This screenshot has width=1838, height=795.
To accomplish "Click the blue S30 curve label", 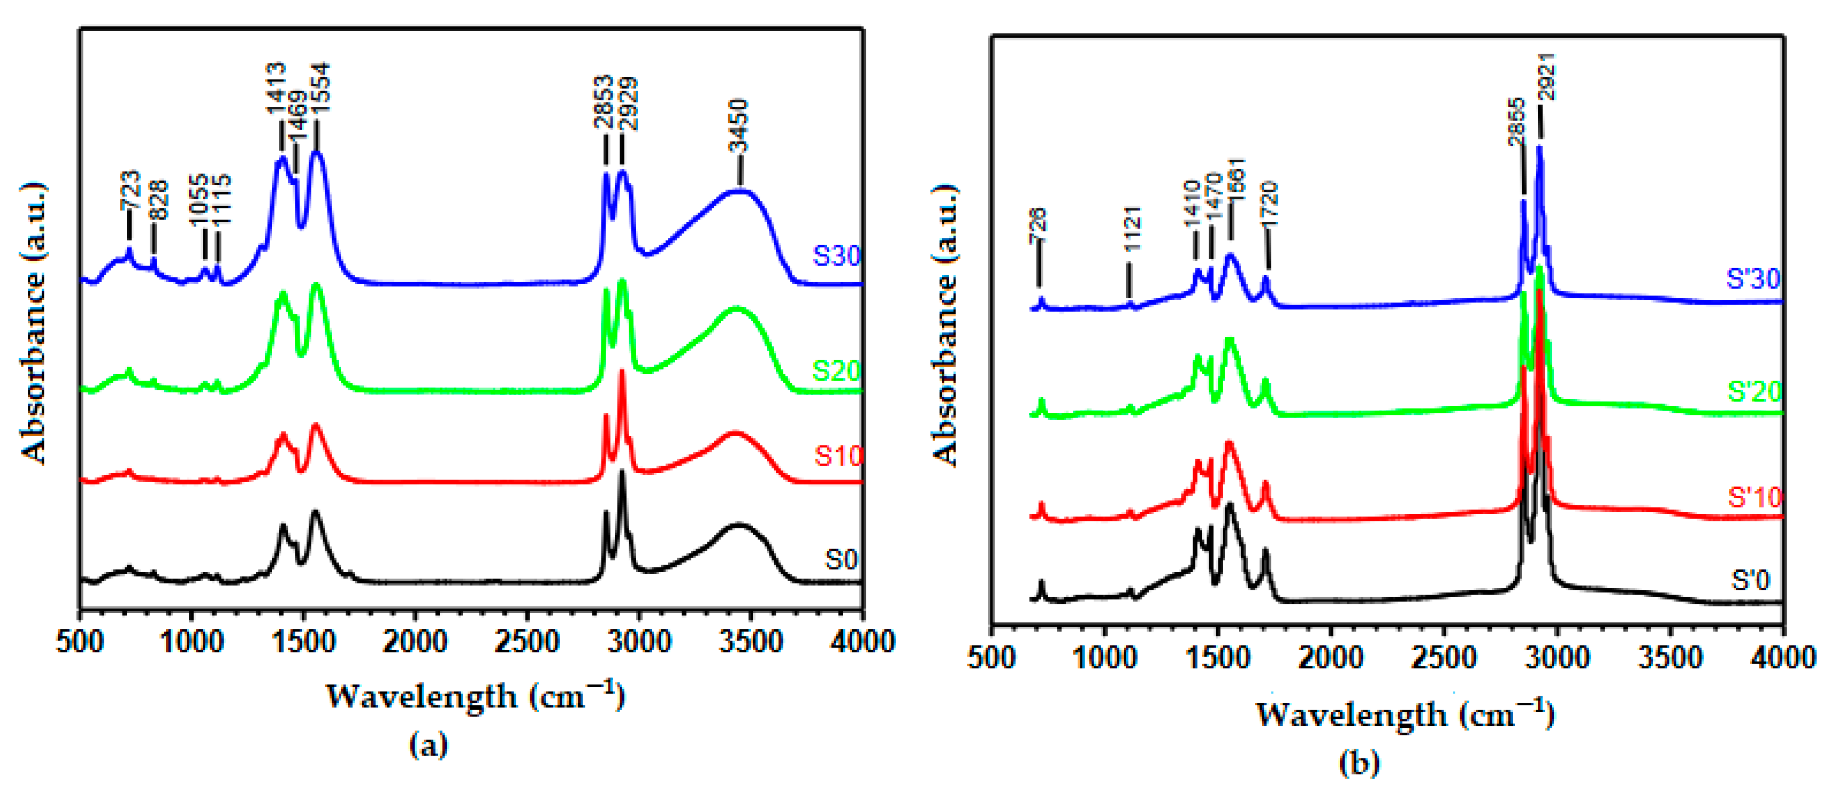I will (836, 255).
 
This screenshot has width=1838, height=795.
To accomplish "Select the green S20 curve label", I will (836, 370).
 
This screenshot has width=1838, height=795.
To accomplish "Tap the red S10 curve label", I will (838, 455).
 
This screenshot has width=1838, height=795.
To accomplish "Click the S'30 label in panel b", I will (1752, 278).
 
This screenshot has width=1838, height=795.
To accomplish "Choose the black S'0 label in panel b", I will (1750, 580).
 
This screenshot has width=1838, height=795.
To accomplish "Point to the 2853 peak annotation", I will (605, 101).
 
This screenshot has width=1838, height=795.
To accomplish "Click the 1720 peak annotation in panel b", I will (1268, 204).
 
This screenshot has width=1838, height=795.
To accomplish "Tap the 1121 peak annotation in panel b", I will (1132, 229).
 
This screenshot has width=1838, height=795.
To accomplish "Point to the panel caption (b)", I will (1359, 764).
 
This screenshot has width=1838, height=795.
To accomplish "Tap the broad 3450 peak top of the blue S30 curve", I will (739, 191).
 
